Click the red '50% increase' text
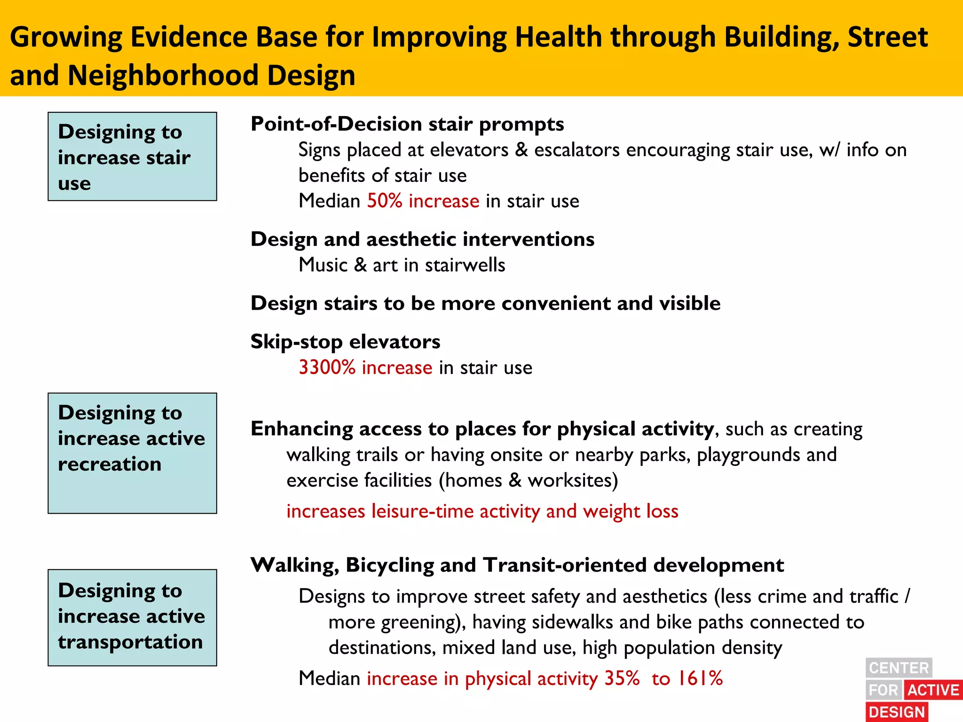click(423, 201)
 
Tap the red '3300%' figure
click(327, 368)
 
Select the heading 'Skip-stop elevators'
click(345, 342)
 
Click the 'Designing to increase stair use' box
click(132, 157)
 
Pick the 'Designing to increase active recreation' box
click(132, 453)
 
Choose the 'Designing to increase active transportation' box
click(132, 617)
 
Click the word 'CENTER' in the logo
click(899, 667)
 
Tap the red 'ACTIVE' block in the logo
click(933, 690)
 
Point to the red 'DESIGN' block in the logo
click(896, 712)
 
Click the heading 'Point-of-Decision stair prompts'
click(407, 124)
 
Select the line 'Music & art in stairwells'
click(402, 265)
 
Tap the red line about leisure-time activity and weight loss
click(482, 511)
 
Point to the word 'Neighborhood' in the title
click(163, 76)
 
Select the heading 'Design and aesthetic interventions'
click(422, 239)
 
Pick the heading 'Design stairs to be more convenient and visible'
click(485, 304)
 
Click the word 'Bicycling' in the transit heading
click(390, 565)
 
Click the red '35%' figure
click(622, 678)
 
